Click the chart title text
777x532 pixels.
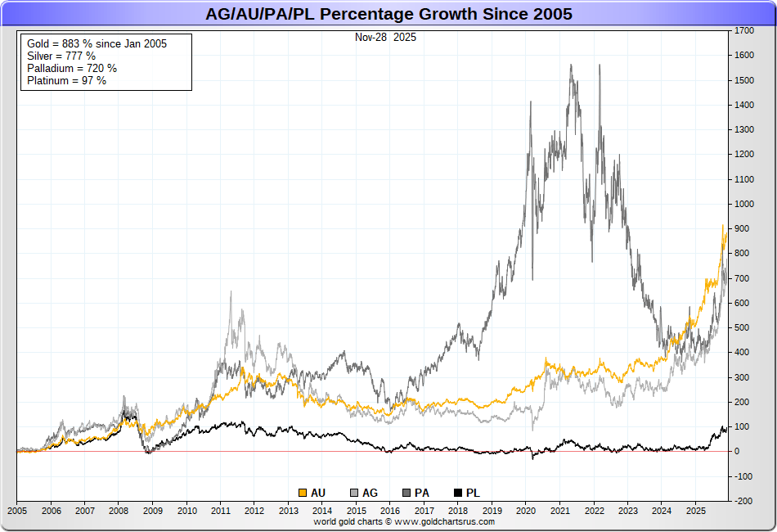388,14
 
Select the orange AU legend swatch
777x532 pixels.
303,493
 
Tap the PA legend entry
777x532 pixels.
415,493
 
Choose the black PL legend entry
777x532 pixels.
466,493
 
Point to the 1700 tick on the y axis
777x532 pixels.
743,30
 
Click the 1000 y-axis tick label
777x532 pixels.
743,204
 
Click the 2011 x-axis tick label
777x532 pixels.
220,510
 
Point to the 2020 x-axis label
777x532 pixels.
525,510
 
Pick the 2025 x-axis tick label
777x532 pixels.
694,510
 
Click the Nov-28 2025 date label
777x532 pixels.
385,38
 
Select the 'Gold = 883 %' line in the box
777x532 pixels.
97,43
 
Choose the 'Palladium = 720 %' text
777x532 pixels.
71,68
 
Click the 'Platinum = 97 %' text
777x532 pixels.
66,80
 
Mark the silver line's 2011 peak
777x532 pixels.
231,292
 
